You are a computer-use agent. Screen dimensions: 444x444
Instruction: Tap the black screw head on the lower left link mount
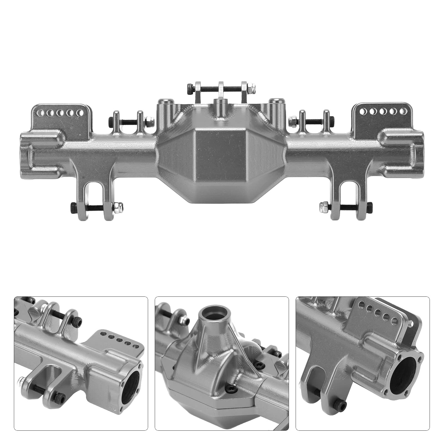73,207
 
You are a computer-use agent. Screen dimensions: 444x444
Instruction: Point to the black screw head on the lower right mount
369,206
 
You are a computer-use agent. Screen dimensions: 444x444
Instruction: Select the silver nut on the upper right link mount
292,120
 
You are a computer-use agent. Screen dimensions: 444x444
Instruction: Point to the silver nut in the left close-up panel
21,381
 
